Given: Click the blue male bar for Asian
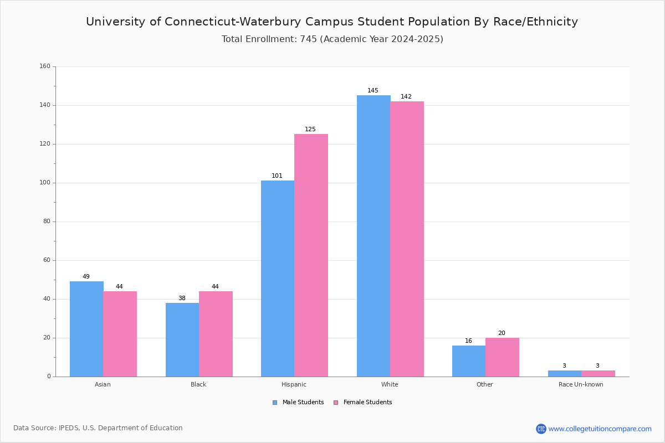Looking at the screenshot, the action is (x=86, y=329).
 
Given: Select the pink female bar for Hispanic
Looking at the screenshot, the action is (x=311, y=255).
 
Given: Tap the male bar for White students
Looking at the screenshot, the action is (x=374, y=236).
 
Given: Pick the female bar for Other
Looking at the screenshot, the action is (x=502, y=357).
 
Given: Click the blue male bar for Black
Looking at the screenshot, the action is (x=182, y=340).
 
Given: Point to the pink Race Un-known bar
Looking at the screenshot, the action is (x=598, y=374).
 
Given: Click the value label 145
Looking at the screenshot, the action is (x=373, y=90).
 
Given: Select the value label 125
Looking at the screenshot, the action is (x=310, y=129).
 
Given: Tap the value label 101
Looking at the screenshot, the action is (x=277, y=176).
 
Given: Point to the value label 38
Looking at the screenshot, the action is (x=182, y=298).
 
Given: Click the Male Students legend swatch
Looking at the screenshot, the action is (x=275, y=403).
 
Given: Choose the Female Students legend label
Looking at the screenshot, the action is (x=367, y=402).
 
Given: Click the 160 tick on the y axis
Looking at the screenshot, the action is (x=45, y=66).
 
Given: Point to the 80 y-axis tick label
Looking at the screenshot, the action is (x=47, y=221).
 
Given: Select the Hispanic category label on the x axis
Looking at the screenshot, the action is (x=294, y=384).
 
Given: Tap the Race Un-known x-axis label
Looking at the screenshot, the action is (x=581, y=384).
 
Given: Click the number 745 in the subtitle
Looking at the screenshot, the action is (x=309, y=39).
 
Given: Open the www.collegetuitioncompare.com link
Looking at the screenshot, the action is (x=600, y=429).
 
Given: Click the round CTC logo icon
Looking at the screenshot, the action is (x=541, y=429).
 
